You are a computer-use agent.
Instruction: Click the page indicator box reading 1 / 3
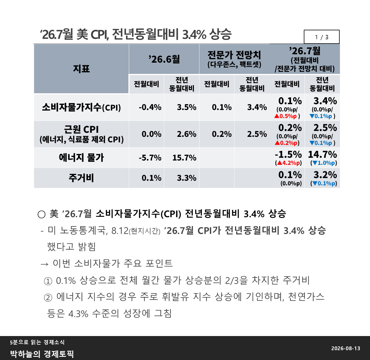coord(321,37)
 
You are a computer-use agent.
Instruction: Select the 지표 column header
coord(82,68)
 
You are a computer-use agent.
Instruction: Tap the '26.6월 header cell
coord(164,59)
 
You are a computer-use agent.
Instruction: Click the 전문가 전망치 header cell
coord(234,59)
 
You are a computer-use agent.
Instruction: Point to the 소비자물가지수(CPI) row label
coord(82,107)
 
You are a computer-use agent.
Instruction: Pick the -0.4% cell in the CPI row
coord(150,107)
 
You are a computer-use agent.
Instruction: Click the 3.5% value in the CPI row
coord(186,107)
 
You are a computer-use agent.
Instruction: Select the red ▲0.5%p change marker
coord(286,116)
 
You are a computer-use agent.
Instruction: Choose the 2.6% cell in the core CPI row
coord(186,134)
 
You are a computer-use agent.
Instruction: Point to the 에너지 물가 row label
coord(82,158)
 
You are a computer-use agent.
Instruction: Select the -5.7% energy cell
coord(150,158)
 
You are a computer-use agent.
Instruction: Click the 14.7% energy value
coord(323,154)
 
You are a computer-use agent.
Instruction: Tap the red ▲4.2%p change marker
coord(288,163)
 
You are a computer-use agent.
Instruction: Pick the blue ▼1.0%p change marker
coord(324,163)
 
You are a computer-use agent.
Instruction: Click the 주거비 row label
coord(82,178)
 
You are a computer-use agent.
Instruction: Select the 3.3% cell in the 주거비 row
coord(186,178)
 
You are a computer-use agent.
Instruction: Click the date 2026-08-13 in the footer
coord(346,348)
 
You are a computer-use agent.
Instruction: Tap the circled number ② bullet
coord(48,298)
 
